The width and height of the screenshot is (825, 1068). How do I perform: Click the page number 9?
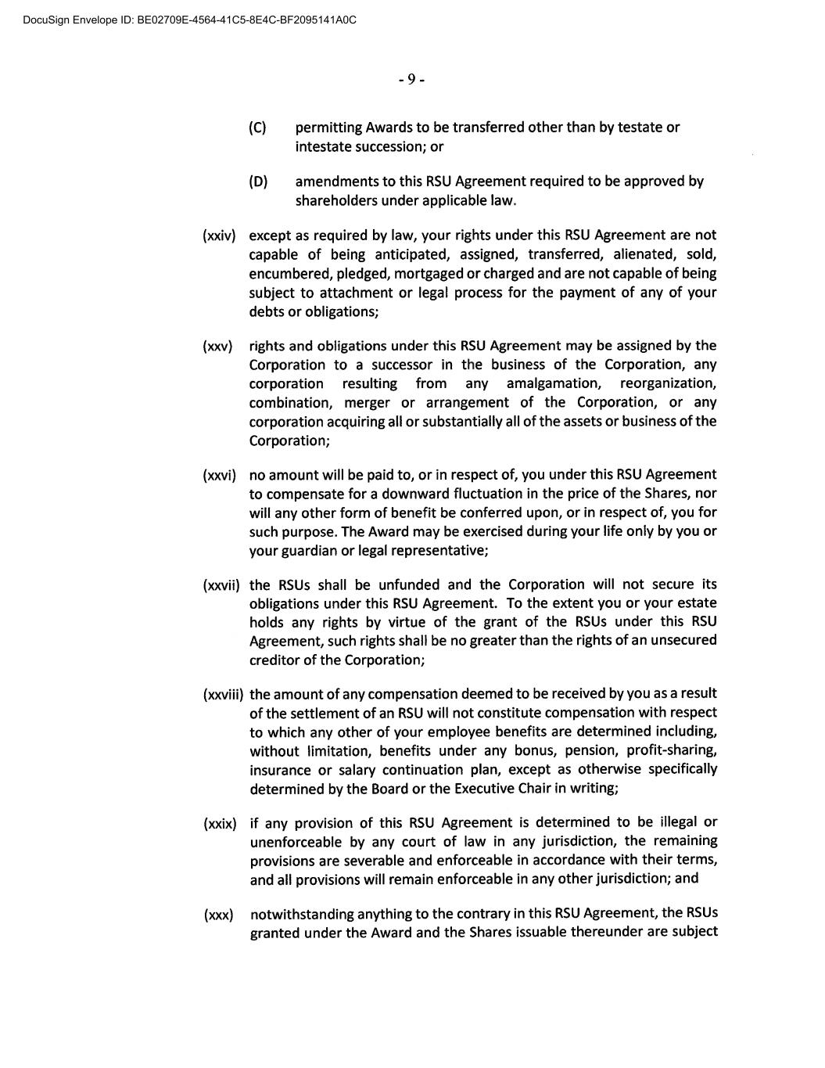coord(411,79)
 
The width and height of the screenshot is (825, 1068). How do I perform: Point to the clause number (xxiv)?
coord(219,236)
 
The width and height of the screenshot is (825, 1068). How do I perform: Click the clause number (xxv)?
coord(217,346)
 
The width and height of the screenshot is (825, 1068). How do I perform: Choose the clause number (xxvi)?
coord(219,475)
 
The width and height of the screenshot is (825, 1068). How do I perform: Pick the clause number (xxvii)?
coord(221,585)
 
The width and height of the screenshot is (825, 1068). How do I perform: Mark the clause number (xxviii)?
coord(223,694)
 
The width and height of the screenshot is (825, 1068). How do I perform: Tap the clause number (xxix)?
coord(219,823)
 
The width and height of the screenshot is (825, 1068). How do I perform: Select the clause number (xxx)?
coord(218,914)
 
